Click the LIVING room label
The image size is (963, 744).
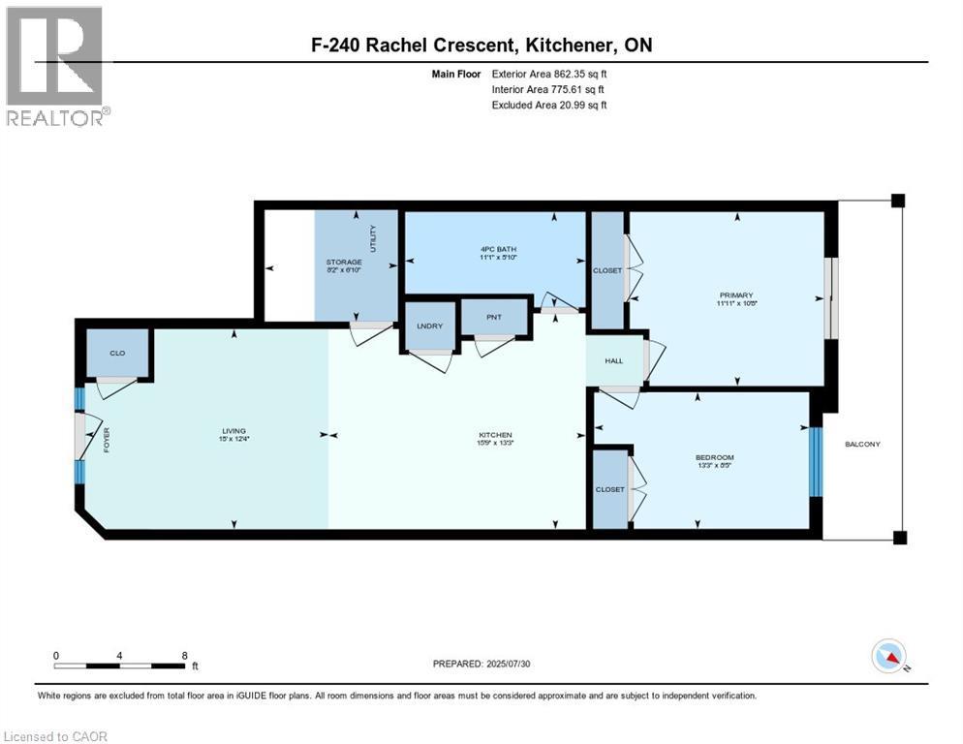tap(233, 431)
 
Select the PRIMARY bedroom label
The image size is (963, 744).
tap(736, 295)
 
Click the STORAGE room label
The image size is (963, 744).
tap(343, 263)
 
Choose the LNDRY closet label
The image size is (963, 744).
tap(429, 325)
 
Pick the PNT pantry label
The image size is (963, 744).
tap(494, 316)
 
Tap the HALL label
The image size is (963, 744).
tap(614, 360)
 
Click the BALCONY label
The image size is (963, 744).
tap(862, 444)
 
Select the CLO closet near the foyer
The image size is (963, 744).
tap(117, 353)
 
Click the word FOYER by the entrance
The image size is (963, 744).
tap(107, 442)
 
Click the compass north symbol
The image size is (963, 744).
tap(887, 657)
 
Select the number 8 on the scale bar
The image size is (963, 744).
tap(184, 655)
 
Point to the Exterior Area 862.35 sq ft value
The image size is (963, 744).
tap(578, 74)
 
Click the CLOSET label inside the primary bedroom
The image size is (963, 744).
tap(607, 270)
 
